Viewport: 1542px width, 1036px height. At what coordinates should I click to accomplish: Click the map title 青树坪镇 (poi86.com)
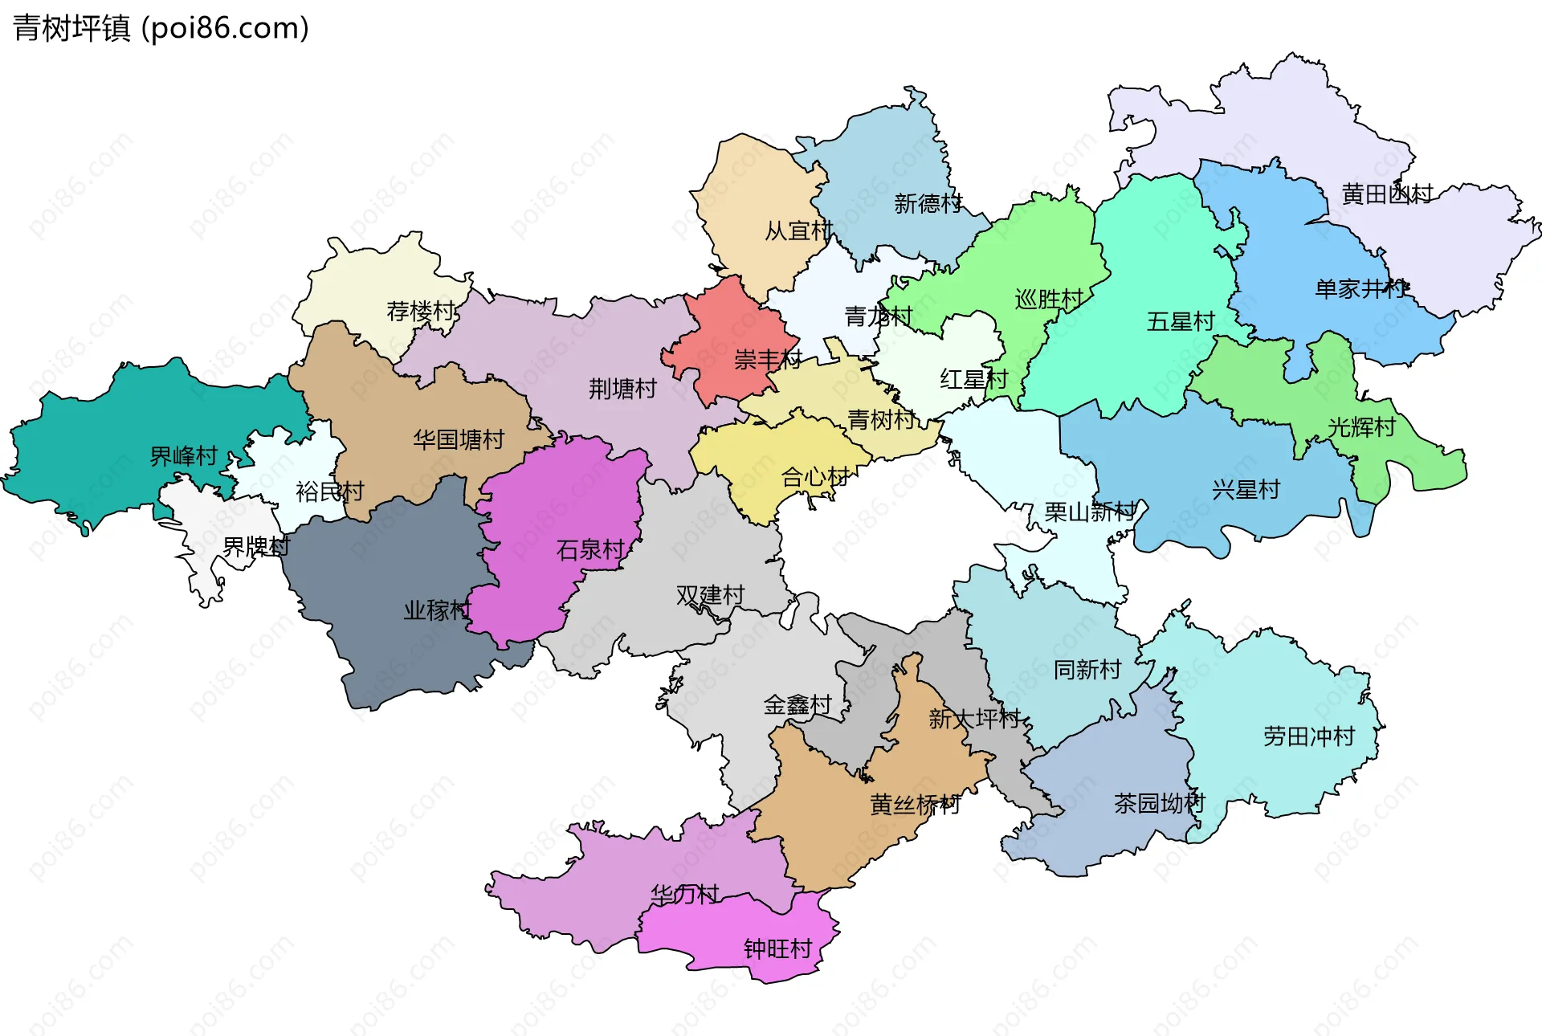[161, 28]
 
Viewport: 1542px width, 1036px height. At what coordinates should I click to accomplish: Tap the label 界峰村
[184, 456]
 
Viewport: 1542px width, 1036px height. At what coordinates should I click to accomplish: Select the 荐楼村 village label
[421, 311]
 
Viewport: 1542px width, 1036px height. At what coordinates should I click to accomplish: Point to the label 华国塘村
[459, 439]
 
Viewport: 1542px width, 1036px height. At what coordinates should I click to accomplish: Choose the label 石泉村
[590, 550]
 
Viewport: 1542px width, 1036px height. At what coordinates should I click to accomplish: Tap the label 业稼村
[437, 610]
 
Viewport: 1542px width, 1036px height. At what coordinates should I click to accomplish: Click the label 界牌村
[256, 547]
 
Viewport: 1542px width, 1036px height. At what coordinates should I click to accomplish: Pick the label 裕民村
[329, 491]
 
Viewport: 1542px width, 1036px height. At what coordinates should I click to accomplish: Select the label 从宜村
[798, 231]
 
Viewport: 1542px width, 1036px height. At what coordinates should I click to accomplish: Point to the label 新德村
[928, 204]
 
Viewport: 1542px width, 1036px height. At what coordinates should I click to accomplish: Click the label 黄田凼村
[1387, 194]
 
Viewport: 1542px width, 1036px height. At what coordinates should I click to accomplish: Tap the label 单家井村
[1360, 289]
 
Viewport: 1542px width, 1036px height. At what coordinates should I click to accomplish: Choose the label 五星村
[1181, 322]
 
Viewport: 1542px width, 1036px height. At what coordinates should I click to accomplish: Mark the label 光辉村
[1361, 427]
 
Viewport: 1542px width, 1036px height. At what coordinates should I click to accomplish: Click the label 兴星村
[1246, 490]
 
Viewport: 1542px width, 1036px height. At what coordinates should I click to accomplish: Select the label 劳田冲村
[1309, 736]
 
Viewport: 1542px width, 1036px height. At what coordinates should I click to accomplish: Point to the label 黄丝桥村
[915, 805]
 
